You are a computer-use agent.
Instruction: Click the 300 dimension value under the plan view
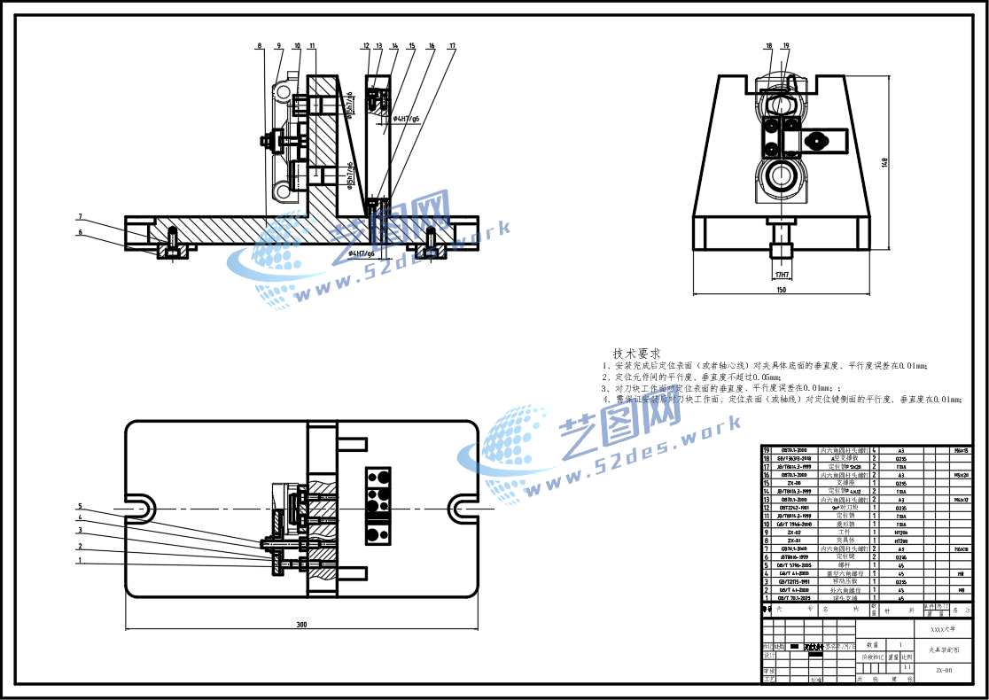point(301,625)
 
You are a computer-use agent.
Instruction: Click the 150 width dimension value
point(781,289)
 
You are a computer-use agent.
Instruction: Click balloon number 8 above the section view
point(260,45)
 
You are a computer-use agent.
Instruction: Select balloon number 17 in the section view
point(452,45)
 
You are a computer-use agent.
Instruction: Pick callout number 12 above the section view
point(365,45)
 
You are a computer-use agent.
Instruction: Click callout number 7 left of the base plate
point(80,216)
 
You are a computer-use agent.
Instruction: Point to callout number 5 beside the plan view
point(80,506)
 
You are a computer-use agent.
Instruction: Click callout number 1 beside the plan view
point(80,560)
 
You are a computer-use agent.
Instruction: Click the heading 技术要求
point(636,353)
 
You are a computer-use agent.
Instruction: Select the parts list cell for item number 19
point(767,450)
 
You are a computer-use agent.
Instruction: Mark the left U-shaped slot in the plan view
point(140,507)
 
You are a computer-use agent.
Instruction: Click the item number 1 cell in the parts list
point(767,599)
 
